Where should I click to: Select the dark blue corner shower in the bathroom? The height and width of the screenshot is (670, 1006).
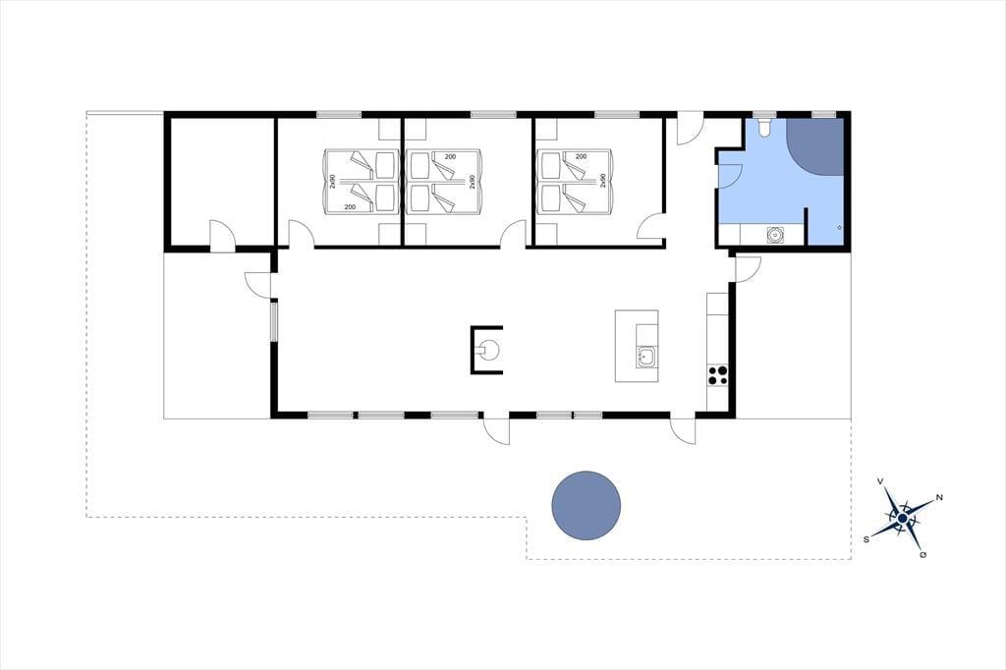(x=814, y=147)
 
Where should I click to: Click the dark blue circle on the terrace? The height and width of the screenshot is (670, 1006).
(x=587, y=506)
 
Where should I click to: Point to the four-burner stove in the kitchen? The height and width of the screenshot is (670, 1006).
(x=717, y=375)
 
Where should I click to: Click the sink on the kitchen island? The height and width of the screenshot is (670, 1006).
(x=646, y=357)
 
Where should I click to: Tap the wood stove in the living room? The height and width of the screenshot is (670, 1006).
(x=486, y=350)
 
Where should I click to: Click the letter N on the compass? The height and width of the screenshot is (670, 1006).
(x=939, y=497)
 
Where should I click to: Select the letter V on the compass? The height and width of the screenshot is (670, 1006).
(x=881, y=481)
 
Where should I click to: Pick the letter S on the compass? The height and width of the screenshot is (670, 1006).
(x=866, y=539)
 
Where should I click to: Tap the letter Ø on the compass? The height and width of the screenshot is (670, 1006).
(x=923, y=554)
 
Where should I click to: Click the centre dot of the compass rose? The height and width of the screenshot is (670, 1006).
(x=903, y=518)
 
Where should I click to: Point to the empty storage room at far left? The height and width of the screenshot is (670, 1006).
(x=222, y=181)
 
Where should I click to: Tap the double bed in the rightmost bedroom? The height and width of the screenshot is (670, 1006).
(x=575, y=182)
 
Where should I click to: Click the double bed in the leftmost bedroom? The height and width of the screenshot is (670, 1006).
(x=360, y=182)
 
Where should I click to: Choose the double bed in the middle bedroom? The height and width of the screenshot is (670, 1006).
(x=443, y=182)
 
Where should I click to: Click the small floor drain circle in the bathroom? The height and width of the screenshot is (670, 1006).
(x=840, y=227)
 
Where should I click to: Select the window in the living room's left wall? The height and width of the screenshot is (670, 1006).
(x=273, y=321)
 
